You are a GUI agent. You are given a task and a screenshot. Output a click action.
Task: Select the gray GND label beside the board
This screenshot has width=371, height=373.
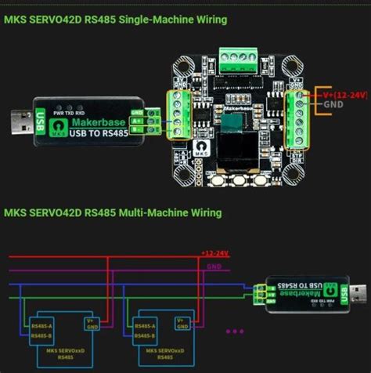pyautogui.click(x=334, y=104)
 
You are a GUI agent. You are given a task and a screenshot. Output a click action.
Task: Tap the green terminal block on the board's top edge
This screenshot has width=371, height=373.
pyautogui.click(x=238, y=57)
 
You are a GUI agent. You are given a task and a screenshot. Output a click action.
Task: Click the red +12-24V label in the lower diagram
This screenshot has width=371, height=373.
pyautogui.click(x=214, y=253)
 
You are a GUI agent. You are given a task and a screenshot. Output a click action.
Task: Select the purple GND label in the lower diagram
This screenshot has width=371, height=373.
pyautogui.click(x=214, y=266)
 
